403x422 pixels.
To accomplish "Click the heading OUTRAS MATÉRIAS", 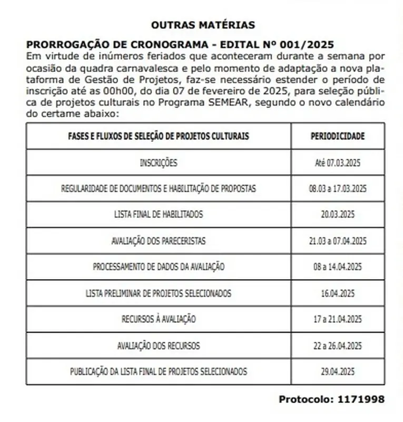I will tap(203, 25).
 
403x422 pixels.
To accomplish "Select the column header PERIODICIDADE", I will tap(337, 136).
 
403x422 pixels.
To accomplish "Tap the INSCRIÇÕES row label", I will tap(159, 162).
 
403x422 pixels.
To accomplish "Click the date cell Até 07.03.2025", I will tap(337, 162).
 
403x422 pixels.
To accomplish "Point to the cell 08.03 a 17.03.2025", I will tap(337, 189).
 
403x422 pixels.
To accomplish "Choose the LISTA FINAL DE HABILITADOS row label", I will tap(159, 215).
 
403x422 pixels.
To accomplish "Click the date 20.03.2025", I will tap(337, 215).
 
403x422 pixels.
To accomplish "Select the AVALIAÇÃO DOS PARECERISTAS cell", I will tap(159, 241).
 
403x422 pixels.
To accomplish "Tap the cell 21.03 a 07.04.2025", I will tap(337, 241).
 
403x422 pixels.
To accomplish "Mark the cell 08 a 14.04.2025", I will tap(337, 267).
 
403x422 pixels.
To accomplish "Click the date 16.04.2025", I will tap(337, 293).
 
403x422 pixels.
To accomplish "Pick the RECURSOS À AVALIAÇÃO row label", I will tap(159, 319).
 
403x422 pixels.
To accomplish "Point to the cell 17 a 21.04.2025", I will tap(337, 319).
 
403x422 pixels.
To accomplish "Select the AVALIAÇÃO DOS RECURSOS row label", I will tap(159, 346).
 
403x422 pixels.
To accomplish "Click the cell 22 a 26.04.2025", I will tap(337, 346).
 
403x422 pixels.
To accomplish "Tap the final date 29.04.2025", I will tap(337, 372).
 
